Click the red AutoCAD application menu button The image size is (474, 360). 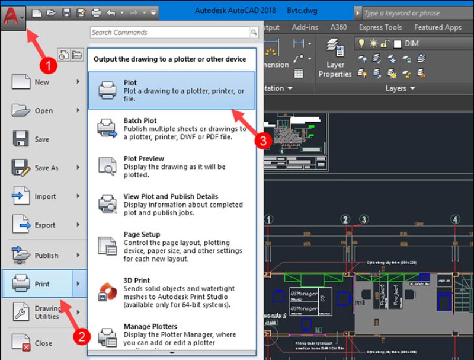point(13,15)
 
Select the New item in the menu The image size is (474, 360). point(41,82)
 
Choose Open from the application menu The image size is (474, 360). point(43,111)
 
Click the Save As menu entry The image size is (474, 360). point(46,168)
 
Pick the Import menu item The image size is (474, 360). point(44,196)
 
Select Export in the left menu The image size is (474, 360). point(44,225)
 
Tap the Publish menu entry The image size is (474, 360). point(46,256)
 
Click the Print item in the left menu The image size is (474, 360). point(41,284)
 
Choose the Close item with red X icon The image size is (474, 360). point(43,343)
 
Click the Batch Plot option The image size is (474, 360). point(172,129)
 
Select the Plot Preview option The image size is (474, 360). point(172,167)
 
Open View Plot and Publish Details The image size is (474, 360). point(172,205)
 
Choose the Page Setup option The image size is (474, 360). point(172,247)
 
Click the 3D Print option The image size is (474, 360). point(172,292)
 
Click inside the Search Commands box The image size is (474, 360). point(169,33)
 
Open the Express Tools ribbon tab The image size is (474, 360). point(380,27)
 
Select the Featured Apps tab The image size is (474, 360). point(437,27)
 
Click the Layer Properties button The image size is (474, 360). point(335,60)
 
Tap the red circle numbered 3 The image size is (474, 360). point(262,140)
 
